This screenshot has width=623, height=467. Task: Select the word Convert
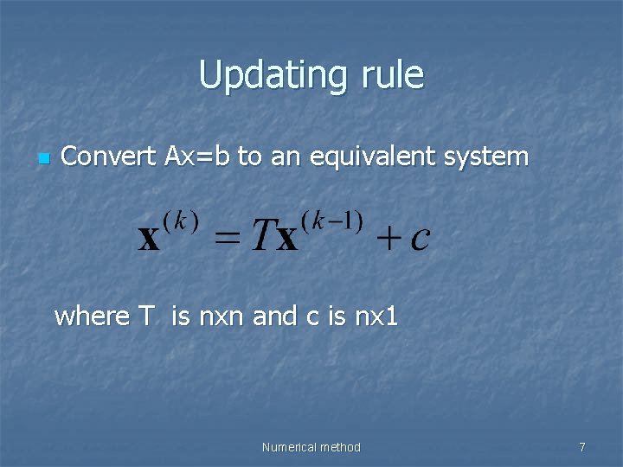point(109,157)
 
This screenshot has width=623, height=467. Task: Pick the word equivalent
point(382,157)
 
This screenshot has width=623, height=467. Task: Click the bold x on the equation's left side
point(150,238)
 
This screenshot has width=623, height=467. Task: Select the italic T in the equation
point(262,235)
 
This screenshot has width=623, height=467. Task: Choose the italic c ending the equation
point(420,239)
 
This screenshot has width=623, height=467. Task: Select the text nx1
point(376,317)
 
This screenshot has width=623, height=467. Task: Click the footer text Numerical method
point(311,447)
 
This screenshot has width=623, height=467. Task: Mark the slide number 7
point(582,447)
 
